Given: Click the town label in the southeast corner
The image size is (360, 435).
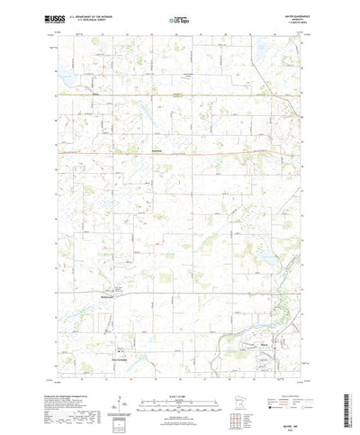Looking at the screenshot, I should (265, 343).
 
